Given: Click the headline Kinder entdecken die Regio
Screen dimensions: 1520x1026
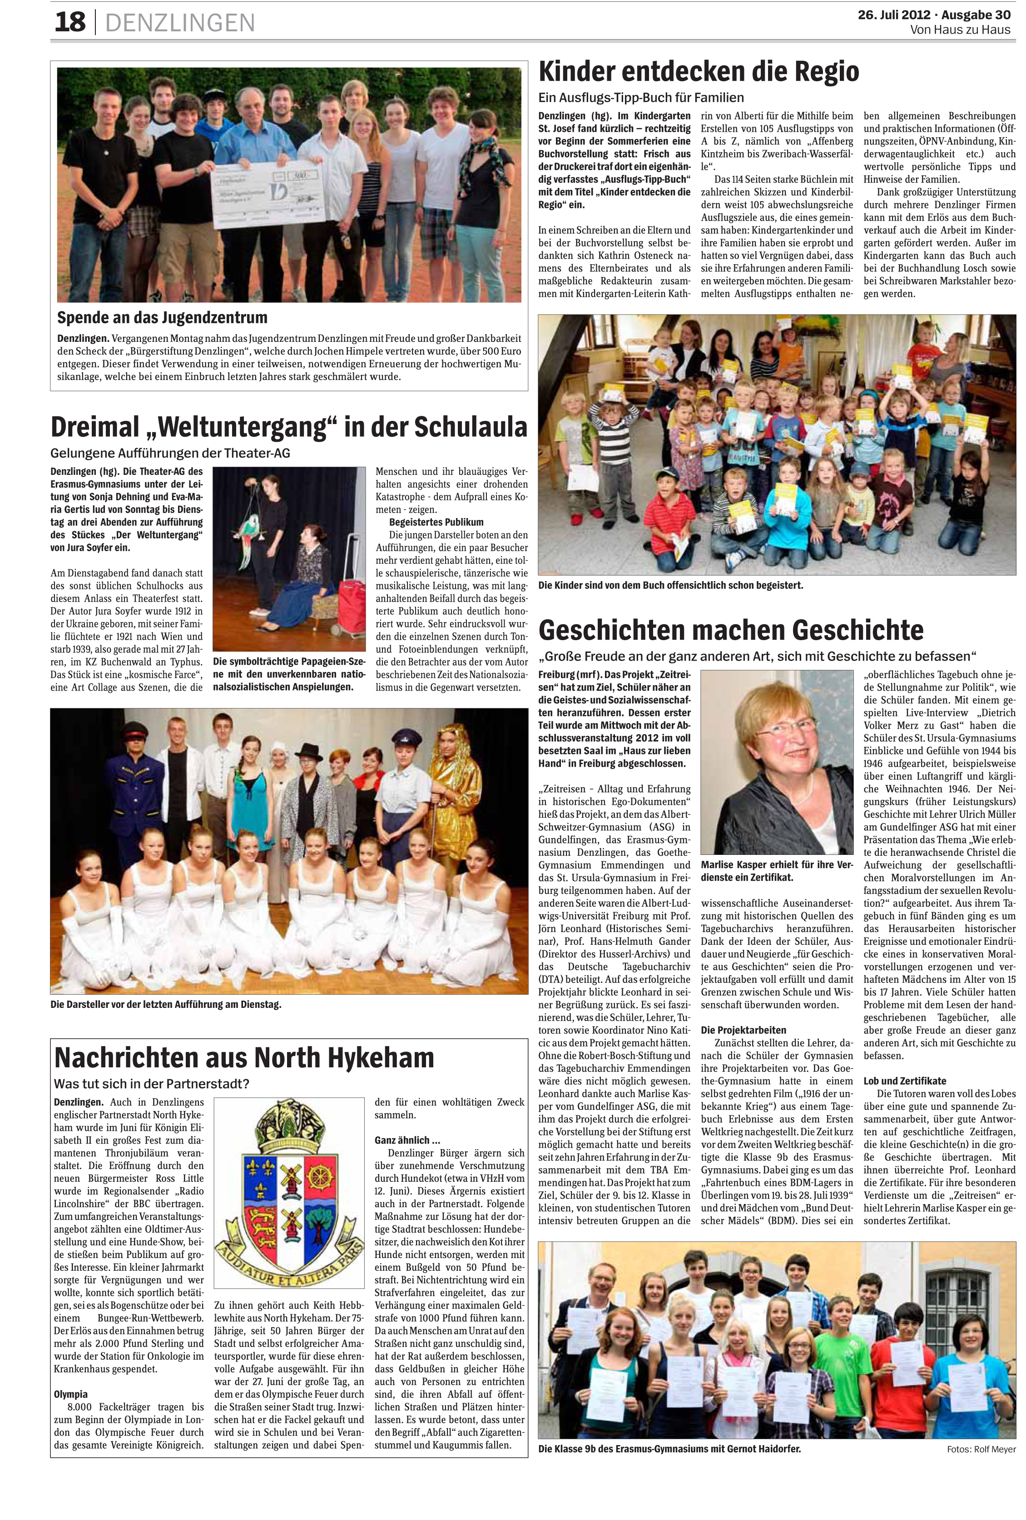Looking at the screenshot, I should click(x=698, y=71).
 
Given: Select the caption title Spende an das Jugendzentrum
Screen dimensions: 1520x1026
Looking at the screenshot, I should click(x=162, y=318).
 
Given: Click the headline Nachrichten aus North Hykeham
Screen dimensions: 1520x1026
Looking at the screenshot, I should click(x=244, y=1057).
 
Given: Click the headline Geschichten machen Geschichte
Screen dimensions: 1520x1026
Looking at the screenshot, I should click(x=730, y=629).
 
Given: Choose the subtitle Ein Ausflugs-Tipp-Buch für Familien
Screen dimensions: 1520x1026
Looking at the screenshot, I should click(x=640, y=98).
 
